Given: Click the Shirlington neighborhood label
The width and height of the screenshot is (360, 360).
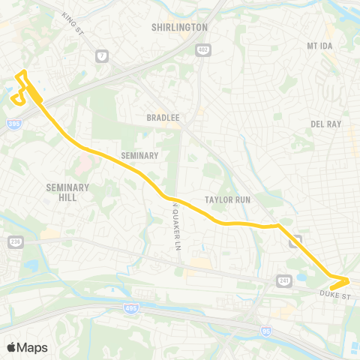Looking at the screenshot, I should (179, 27).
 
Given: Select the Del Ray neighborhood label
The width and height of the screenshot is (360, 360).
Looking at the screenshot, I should (325, 124).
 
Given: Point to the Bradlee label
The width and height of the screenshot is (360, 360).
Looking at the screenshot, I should (161, 118).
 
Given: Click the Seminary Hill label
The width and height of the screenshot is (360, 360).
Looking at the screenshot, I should (67, 192).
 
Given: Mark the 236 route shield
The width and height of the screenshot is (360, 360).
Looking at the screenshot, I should (15, 241).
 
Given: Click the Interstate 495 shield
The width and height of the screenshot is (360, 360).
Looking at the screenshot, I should (130, 307).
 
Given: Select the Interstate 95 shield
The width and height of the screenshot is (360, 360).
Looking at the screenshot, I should (265, 310).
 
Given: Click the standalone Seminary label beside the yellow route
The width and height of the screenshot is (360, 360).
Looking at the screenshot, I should (139, 156).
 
